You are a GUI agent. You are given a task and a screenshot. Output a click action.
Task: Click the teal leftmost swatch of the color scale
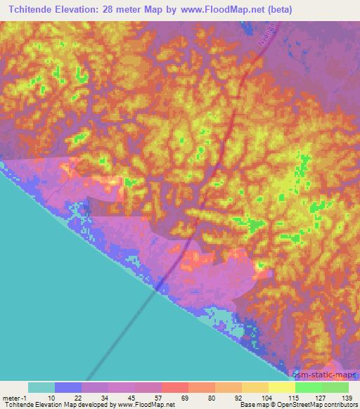pyautogui.click(x=41, y=387)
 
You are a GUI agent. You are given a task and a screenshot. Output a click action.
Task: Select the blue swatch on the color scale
pyautogui.click(x=67, y=387)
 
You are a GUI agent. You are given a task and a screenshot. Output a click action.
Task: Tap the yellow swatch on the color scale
pyautogui.click(x=281, y=387)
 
